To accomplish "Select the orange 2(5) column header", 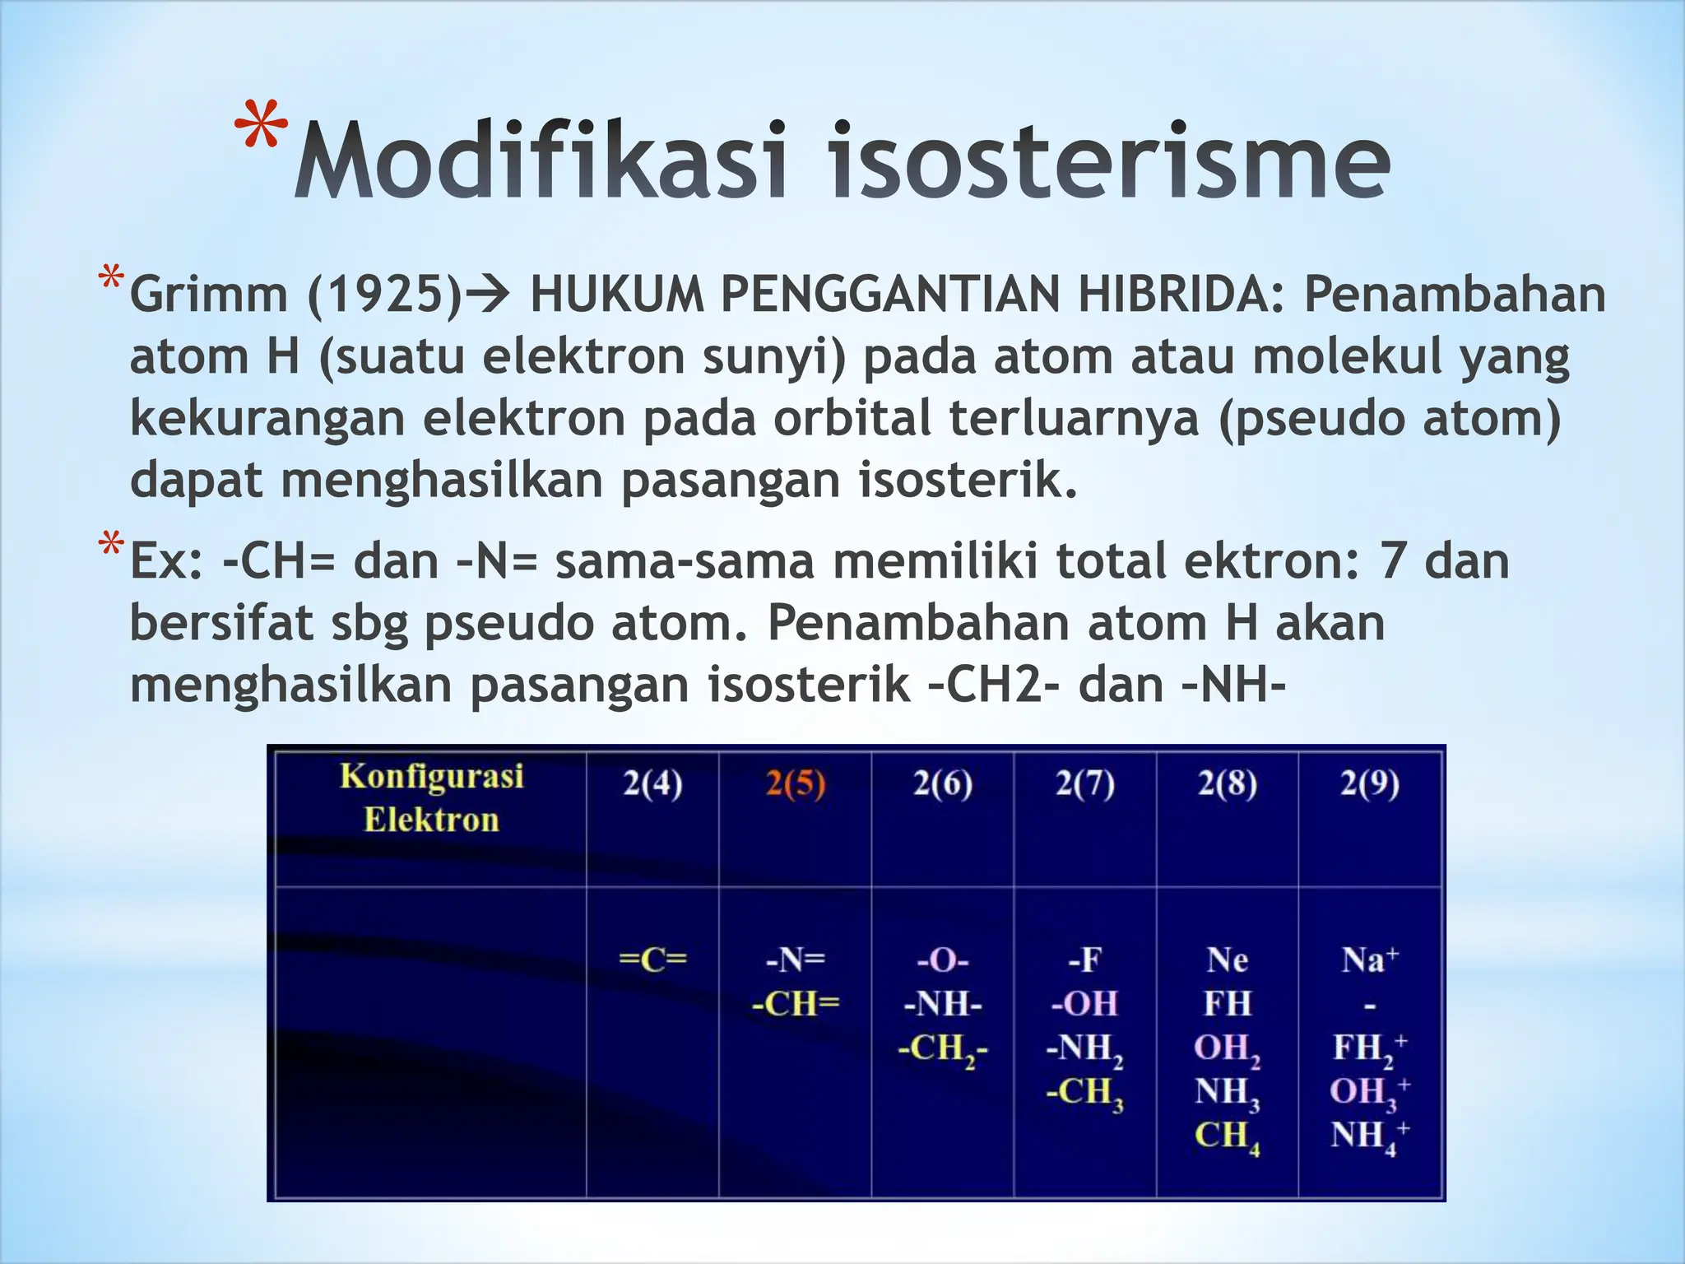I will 795,783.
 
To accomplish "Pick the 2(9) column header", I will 1369,783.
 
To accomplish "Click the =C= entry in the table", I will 652,960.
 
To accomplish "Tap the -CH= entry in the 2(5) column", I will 795,1004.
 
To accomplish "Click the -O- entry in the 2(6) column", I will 943,960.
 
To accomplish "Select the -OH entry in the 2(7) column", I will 1084,1004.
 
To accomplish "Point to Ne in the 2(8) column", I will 1227,960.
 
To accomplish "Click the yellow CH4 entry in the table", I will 1227,1136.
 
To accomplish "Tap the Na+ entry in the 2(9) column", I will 1369,960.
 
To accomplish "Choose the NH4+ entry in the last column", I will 1369,1136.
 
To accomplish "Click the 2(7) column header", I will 1084,783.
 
